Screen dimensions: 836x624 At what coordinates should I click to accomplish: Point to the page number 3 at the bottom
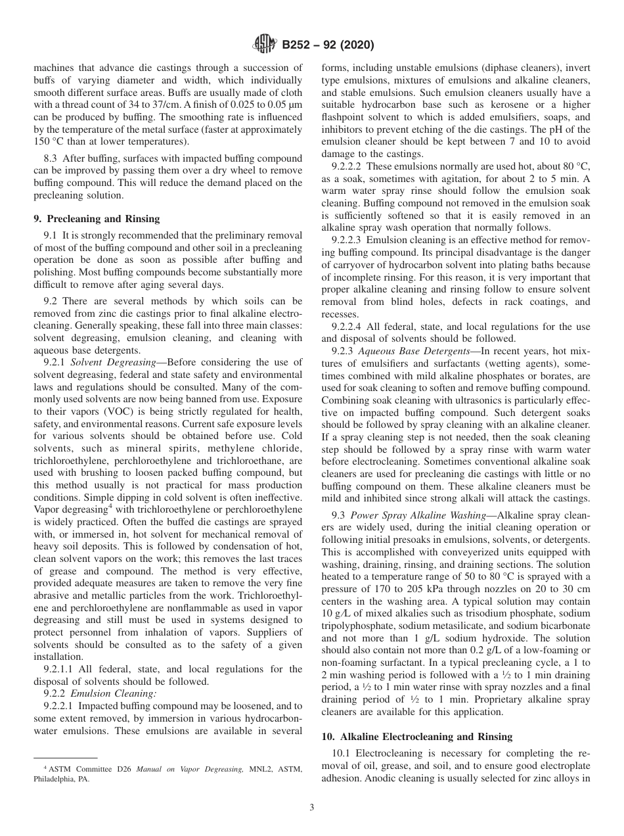click(x=311, y=807)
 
